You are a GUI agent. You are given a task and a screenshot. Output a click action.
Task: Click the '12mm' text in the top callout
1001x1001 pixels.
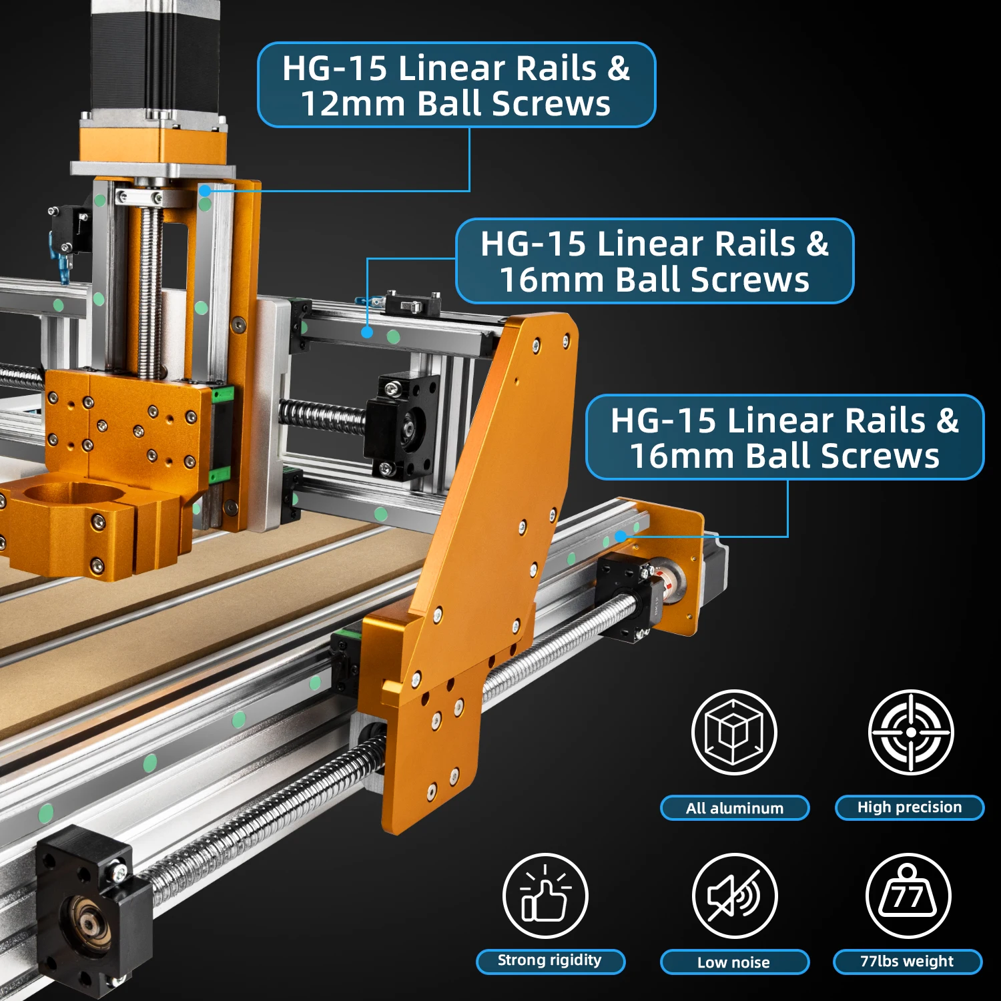(353, 104)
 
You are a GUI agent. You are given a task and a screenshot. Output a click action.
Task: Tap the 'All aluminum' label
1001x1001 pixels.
(735, 808)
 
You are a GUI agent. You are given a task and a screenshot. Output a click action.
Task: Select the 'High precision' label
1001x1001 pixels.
(910, 807)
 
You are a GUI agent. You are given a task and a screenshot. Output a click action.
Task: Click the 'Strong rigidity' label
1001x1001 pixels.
(550, 961)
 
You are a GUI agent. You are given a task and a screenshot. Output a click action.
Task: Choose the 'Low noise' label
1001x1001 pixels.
(734, 962)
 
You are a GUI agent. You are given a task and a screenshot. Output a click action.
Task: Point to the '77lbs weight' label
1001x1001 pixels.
(908, 962)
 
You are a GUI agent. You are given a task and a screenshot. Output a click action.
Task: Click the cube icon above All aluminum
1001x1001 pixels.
(735, 732)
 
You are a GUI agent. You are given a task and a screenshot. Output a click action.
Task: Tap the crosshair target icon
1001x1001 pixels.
(911, 732)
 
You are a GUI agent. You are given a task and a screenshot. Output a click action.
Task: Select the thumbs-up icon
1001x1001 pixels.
(545, 896)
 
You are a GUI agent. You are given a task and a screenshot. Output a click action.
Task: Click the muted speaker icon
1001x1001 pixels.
(735, 896)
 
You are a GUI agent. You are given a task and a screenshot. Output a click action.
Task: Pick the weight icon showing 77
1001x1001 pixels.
(908, 896)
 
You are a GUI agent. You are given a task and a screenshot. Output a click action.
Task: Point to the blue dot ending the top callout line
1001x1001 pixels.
(206, 191)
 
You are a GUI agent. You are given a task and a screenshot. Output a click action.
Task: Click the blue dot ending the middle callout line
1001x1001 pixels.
(367, 332)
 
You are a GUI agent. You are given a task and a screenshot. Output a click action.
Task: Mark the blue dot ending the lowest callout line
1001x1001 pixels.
(621, 536)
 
